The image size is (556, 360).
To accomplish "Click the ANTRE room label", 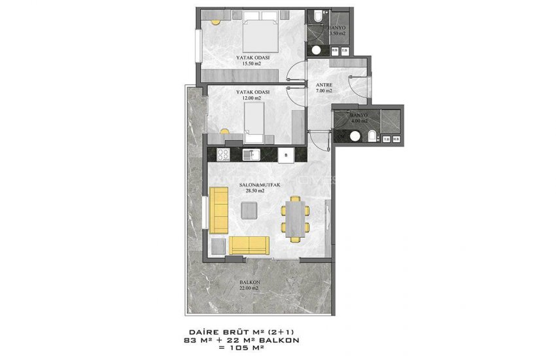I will pyautogui.click(x=324, y=85).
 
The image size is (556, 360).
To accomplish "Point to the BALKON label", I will pyautogui.click(x=250, y=283).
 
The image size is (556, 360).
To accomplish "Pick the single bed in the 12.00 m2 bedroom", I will pyautogui.click(x=255, y=122).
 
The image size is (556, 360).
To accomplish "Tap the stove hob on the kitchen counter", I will pyautogui.click(x=222, y=155).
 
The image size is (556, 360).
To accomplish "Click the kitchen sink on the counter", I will pyautogui.click(x=249, y=154).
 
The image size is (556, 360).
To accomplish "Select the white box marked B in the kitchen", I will pyautogui.click(x=286, y=155).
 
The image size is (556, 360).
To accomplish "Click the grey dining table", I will pyautogui.click(x=295, y=216).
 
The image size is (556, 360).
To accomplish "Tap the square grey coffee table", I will pyautogui.click(x=249, y=210).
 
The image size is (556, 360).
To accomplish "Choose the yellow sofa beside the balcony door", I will pyautogui.click(x=249, y=245).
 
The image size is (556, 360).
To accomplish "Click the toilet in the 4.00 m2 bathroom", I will pyautogui.click(x=371, y=135).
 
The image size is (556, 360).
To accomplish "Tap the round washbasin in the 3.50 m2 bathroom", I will pyautogui.click(x=317, y=50).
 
